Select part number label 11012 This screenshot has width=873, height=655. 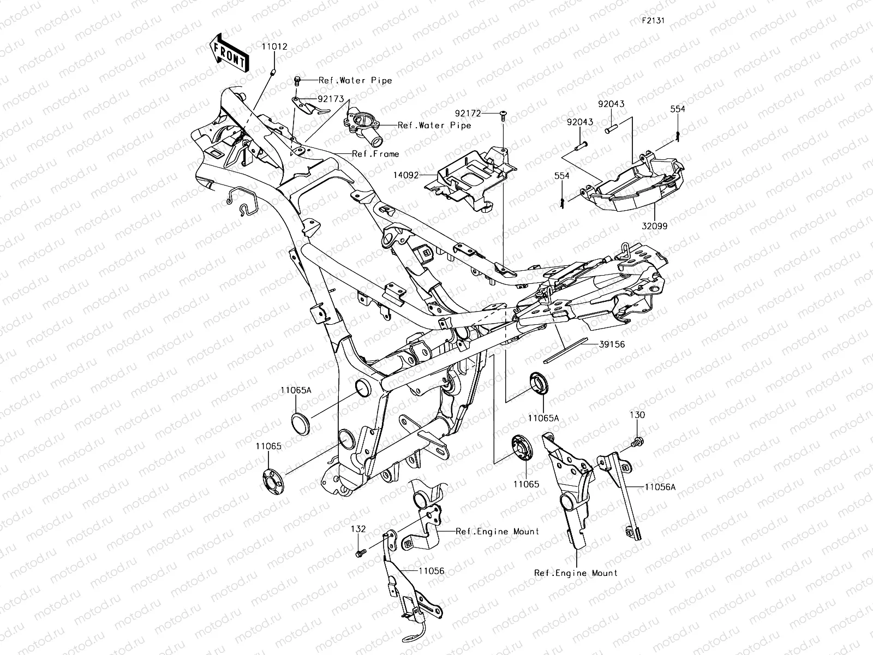274,47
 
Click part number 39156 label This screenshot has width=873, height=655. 597,344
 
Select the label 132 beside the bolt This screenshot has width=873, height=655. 358,529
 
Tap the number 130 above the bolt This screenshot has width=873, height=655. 637,415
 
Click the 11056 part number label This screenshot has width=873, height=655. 432,571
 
